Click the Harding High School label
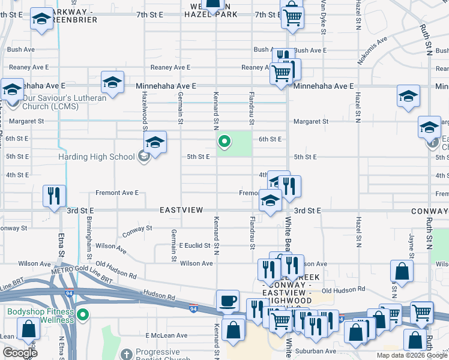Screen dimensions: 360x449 click(96, 157)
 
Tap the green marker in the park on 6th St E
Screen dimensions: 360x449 click(224, 142)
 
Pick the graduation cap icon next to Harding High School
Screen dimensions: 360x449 click(155, 143)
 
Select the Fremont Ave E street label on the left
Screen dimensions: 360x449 click(117, 193)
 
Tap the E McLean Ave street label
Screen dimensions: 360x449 click(164, 335)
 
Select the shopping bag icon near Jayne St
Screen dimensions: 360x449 click(402, 272)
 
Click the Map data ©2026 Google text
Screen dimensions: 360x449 click(411, 355)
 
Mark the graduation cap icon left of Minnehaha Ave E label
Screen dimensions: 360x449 click(112, 83)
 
